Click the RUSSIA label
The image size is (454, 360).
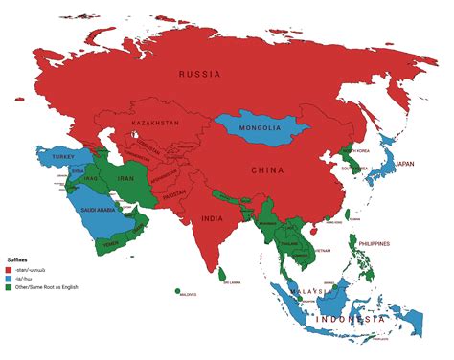pyautogui.click(x=201, y=74)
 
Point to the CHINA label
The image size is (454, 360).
pyautogui.click(x=266, y=172)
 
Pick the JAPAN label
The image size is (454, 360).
pyautogui.click(x=406, y=164)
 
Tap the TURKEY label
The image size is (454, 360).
pyautogui.click(x=63, y=156)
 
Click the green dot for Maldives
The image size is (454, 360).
pyautogui.click(x=178, y=291)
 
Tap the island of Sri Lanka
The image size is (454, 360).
pyautogui.click(x=221, y=273)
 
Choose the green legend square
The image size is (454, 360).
pyautogui.click(x=8, y=286)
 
